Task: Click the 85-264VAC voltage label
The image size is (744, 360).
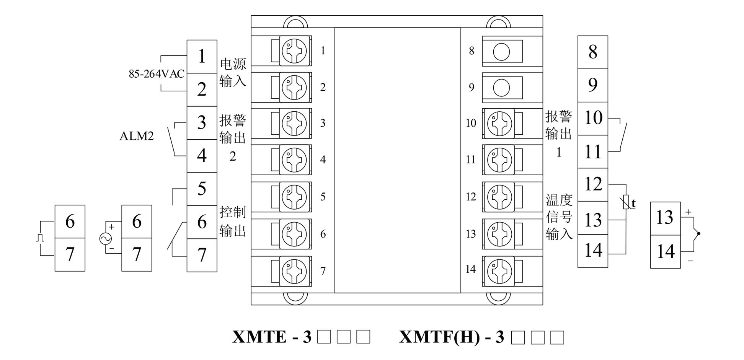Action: pyautogui.click(x=156, y=74)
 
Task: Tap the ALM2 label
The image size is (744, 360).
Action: pyautogui.click(x=136, y=136)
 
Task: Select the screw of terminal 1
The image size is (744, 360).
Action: pyautogui.click(x=294, y=50)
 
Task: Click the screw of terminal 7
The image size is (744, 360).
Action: pyautogui.click(x=294, y=271)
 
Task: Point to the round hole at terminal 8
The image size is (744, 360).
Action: pyautogui.click(x=501, y=52)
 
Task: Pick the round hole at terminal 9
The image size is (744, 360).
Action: pyautogui.click(x=501, y=88)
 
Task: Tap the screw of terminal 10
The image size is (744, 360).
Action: pyautogui.click(x=499, y=123)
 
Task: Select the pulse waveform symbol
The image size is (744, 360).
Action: pyautogui.click(x=40, y=238)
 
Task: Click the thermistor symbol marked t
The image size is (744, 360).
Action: pyautogui.click(x=627, y=202)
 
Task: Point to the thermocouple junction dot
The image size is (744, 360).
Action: pyautogui.click(x=698, y=234)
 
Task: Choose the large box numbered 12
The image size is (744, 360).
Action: pyautogui.click(x=592, y=185)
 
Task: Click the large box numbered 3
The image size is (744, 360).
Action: pyautogui.click(x=202, y=123)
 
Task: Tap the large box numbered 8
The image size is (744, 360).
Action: pyautogui.click(x=592, y=52)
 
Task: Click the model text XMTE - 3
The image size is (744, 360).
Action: pyautogui.click(x=272, y=337)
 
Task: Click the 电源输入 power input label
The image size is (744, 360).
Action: pyautogui.click(x=233, y=72)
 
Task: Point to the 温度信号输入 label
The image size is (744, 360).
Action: pyautogui.click(x=559, y=217)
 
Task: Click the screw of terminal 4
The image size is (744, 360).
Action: pyautogui.click(x=294, y=160)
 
